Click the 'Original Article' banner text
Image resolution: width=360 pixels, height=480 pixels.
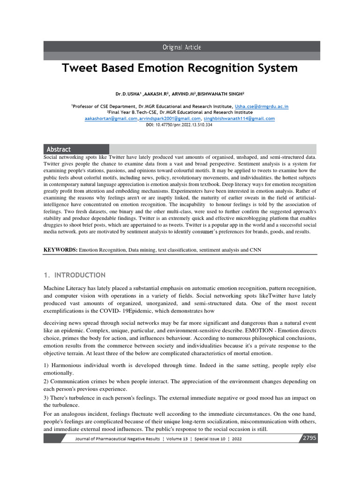click(181, 47)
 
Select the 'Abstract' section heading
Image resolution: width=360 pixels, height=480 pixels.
click(59, 149)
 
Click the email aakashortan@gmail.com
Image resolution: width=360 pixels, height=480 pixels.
click(111, 119)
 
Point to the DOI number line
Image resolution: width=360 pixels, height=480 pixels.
click(179, 125)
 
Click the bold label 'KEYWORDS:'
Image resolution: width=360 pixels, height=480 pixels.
click(60, 250)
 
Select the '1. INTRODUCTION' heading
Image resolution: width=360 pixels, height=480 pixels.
click(75, 275)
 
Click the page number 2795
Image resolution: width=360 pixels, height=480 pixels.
click(308, 438)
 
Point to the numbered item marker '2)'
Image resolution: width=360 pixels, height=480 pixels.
click(46, 382)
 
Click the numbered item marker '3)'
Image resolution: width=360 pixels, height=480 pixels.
click(46, 397)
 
